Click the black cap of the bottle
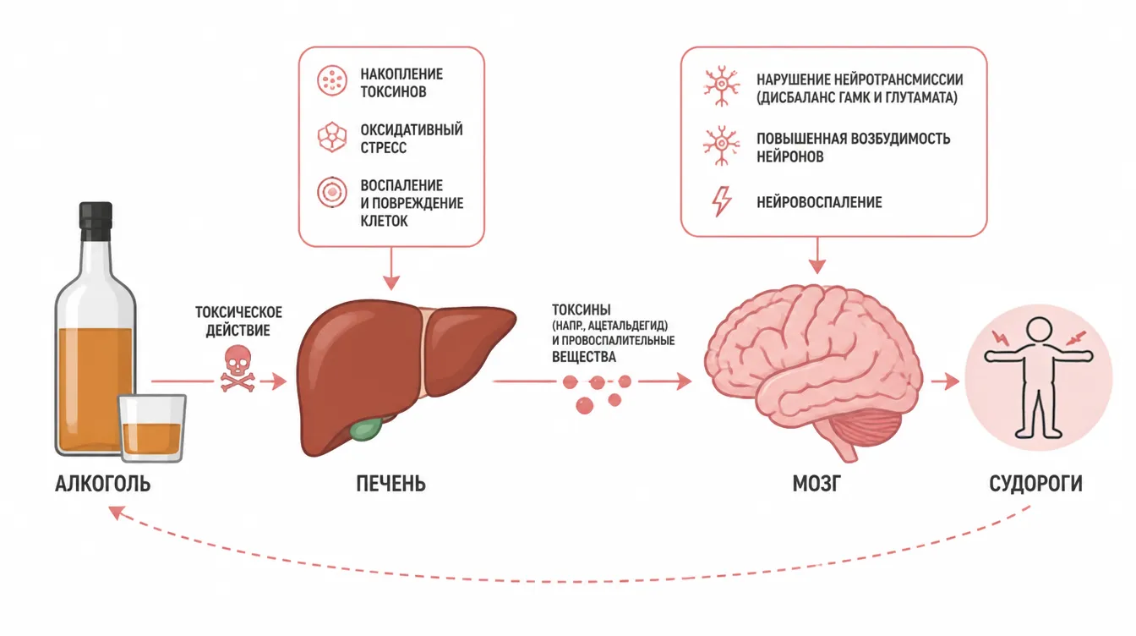coord(96,222)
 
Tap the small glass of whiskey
coord(152,428)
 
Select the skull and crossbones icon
coord(238,369)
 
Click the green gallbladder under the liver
coord(366,429)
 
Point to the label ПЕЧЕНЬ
coord(390,484)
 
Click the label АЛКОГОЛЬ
coord(103,484)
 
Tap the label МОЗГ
coord(816,484)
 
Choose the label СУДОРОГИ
coord(1035,484)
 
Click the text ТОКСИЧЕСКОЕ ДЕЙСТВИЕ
coord(238,321)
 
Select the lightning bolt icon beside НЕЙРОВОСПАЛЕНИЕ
coord(722,201)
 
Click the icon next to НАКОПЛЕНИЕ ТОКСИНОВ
coord(332,80)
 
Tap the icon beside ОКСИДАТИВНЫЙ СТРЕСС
coord(332,137)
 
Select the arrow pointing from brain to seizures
coord(945,381)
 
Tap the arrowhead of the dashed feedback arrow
coord(117,513)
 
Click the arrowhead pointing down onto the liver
coord(391,282)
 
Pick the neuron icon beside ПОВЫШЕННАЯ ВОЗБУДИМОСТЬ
coord(722,145)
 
